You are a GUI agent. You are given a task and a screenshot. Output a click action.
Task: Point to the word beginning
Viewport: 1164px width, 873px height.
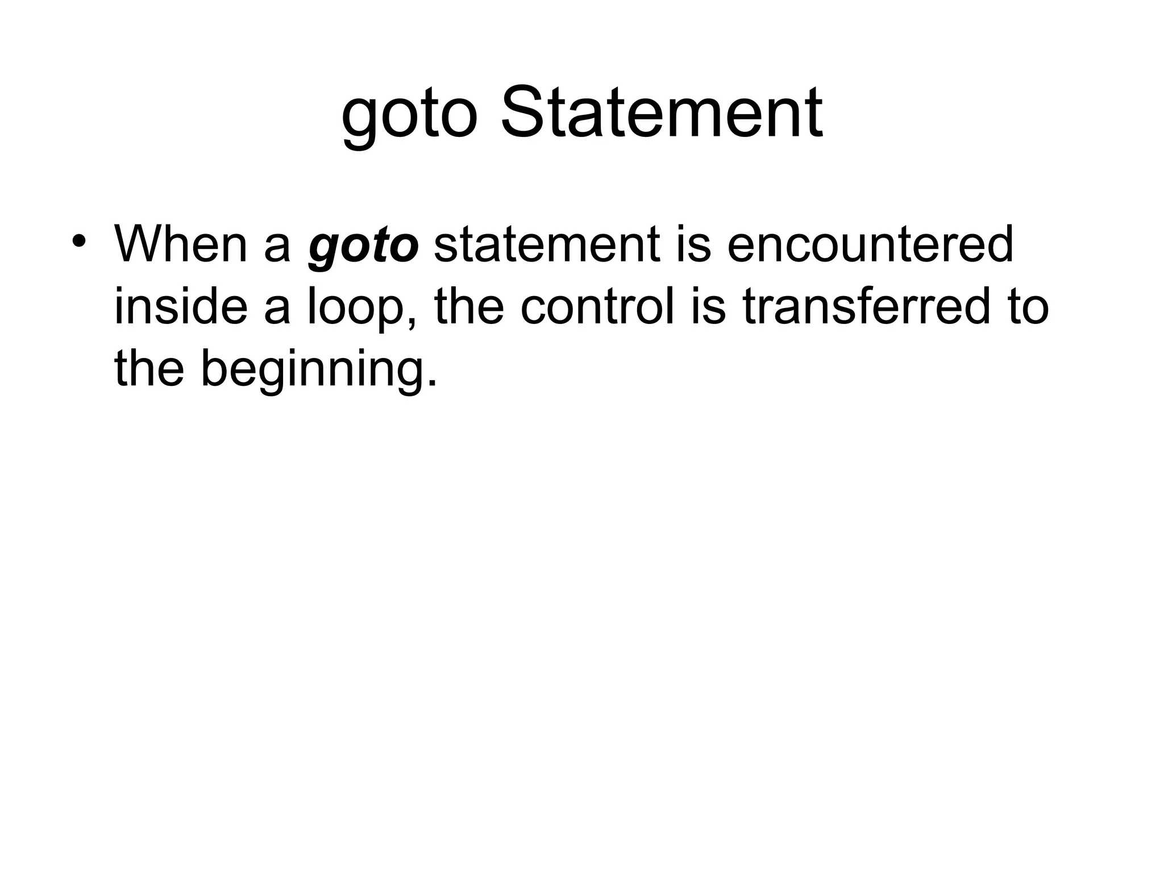[x=310, y=371]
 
